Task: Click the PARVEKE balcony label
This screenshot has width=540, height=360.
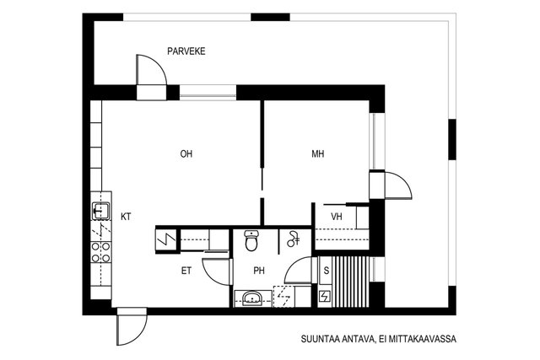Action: [x=186, y=51]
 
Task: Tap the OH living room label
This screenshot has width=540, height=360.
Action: [x=186, y=154]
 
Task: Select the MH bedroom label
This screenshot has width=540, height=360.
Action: [x=317, y=154]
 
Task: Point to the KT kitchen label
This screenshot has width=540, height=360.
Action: [x=126, y=217]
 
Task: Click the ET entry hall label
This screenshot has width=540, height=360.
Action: [x=186, y=271]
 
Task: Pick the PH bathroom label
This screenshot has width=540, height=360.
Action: [x=260, y=271]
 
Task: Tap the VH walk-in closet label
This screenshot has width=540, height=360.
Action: [x=337, y=218]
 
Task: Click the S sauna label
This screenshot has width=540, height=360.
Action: [x=326, y=271]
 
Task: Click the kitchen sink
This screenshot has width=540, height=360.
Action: [x=100, y=209]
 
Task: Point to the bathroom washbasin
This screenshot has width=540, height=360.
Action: [x=251, y=297]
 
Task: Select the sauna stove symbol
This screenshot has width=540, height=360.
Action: [x=326, y=298]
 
